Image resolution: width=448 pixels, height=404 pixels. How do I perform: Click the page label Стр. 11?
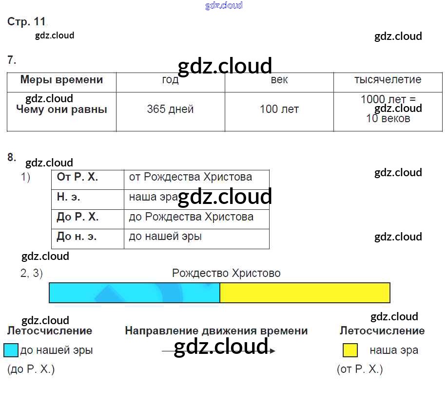[26, 22]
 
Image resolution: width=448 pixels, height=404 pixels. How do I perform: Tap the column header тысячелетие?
[388, 80]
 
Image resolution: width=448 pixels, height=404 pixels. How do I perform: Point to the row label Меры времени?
[62, 80]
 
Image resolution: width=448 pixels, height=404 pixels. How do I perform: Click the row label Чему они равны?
[62, 109]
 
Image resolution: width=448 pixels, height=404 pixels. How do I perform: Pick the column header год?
[170, 80]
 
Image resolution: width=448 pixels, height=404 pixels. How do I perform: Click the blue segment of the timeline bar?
[134, 293]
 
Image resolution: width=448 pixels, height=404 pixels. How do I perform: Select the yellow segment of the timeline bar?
[305, 293]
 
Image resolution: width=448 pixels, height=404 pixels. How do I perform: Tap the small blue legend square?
[11, 350]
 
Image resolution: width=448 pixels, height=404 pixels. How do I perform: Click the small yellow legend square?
[350, 350]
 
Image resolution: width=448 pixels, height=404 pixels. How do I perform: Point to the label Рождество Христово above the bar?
[226, 274]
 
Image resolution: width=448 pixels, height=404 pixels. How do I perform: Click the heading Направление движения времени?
[216, 331]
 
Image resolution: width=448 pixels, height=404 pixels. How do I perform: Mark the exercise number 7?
[12, 60]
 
